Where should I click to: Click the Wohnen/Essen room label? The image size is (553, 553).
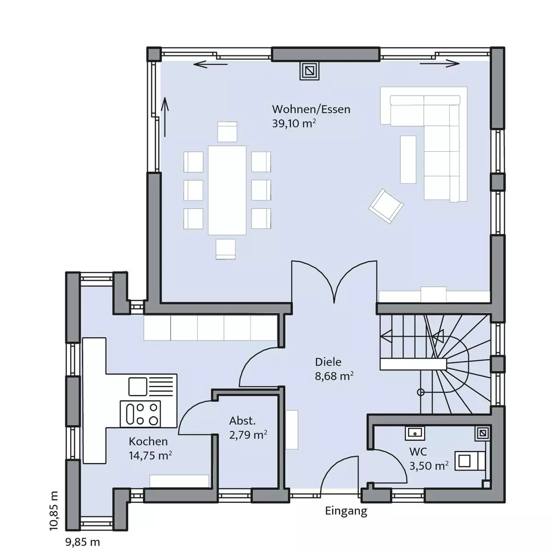click(311, 109)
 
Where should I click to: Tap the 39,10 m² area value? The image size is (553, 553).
click(294, 124)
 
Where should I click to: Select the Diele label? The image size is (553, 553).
click(328, 362)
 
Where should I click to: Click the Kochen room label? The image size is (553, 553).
click(148, 441)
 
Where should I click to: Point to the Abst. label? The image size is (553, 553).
click(242, 421)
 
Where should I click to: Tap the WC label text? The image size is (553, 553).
click(418, 452)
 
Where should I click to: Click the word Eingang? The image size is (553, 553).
click(346, 511)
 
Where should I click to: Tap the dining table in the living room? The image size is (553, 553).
click(227, 190)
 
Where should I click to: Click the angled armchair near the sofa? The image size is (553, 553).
click(386, 206)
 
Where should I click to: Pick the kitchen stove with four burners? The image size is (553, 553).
click(140, 413)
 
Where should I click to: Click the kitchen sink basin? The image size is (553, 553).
click(138, 387)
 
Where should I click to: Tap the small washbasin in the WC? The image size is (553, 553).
click(415, 433)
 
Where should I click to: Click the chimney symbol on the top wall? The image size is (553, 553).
click(309, 71)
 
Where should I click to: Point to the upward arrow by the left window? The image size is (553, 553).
click(165, 117)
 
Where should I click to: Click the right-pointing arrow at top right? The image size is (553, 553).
click(440, 64)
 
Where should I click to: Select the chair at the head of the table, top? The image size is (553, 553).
click(227, 132)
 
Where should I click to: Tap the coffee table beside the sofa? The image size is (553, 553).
click(408, 159)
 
